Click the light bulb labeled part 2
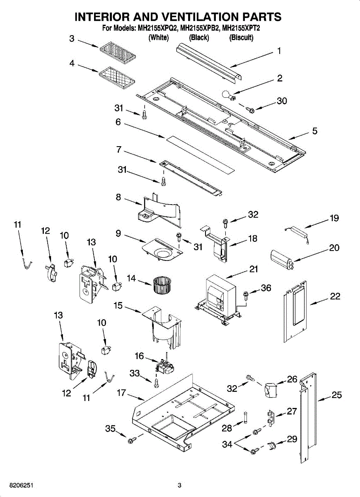pos(229,95)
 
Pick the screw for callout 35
pos(131,440)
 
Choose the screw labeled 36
pos(246,295)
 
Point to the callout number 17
pos(122,393)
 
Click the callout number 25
pos(336,395)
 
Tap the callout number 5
pos(315,131)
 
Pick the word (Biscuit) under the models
pos(241,38)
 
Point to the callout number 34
pos(227,444)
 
